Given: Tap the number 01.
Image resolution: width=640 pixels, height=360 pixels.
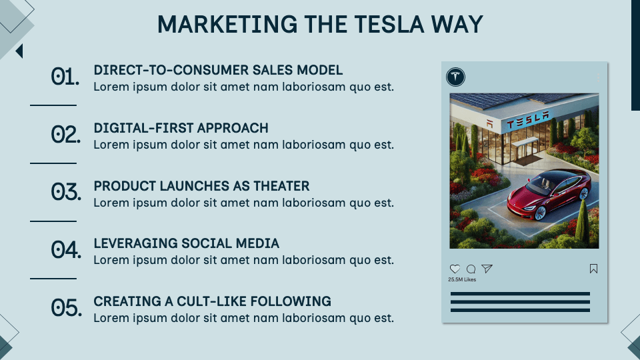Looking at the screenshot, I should (x=65, y=77).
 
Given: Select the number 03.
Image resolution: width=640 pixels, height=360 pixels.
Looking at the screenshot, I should (x=66, y=193).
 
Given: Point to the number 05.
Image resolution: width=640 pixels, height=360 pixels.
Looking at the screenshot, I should (x=66, y=308).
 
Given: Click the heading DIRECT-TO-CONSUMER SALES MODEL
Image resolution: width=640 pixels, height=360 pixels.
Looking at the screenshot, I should (x=218, y=70).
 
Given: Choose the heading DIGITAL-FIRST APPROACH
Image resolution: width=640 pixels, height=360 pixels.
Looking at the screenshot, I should (x=181, y=128).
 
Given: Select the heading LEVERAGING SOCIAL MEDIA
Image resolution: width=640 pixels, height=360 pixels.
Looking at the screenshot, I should (x=186, y=243).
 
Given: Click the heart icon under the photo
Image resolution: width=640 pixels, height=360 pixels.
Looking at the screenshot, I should (x=455, y=269).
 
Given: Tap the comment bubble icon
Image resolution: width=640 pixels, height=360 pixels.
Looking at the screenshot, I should (x=471, y=269).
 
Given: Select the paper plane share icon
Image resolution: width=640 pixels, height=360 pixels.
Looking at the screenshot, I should (x=487, y=269).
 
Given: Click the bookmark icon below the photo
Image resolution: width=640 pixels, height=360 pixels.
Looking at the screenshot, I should (x=593, y=269).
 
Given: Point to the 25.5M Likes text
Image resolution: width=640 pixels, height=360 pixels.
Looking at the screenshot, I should (x=462, y=280).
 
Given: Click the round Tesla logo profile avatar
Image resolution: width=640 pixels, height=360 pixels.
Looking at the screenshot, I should (x=456, y=77).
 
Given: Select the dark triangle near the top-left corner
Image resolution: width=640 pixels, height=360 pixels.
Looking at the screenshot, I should (x=19, y=51).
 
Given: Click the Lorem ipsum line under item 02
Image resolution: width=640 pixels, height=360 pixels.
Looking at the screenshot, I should (x=243, y=145).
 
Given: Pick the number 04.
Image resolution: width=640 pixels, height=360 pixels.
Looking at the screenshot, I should (x=66, y=250).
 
